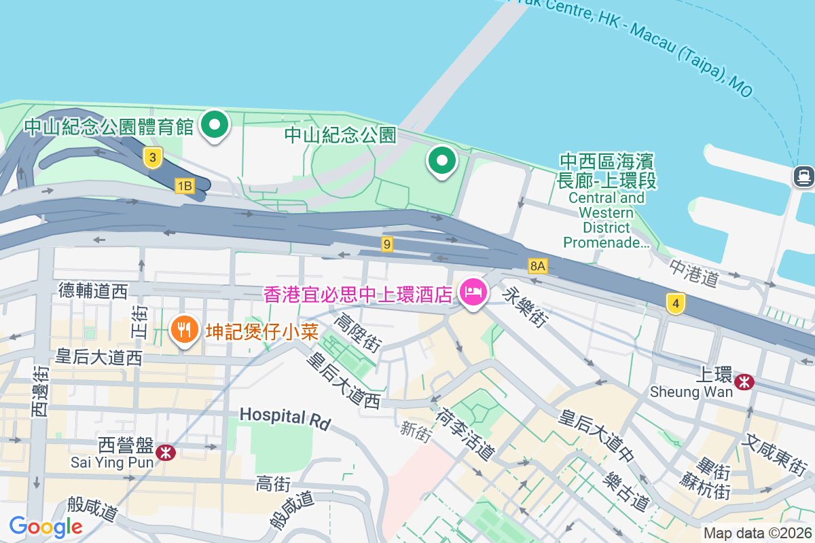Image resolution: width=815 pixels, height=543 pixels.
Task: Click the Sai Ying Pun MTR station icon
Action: point(164,452)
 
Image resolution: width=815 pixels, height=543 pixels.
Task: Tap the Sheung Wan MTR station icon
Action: point(745,381)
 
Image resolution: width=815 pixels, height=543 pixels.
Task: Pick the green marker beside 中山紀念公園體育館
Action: point(216,125)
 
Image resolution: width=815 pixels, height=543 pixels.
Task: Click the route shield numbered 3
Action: point(153,158)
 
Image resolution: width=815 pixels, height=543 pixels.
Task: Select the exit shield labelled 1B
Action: point(184,185)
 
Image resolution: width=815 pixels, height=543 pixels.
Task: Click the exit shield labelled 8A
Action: point(538,265)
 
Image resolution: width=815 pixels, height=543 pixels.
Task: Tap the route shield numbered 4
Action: point(674,303)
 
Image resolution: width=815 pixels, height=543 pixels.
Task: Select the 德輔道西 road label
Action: point(93,291)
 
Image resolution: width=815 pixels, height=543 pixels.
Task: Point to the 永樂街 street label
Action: point(525,306)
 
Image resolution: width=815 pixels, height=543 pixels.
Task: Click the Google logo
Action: point(46,526)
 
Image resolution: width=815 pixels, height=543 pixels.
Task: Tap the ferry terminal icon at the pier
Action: point(803,176)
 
